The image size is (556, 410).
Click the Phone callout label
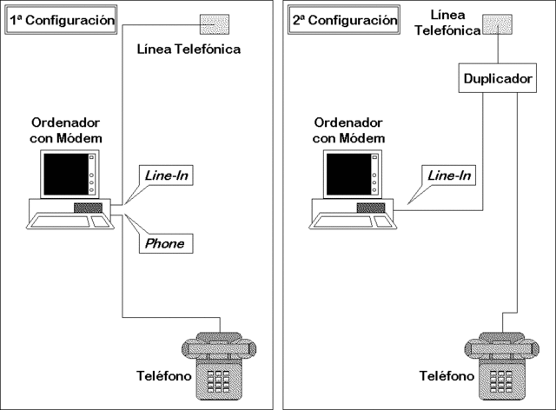click(x=164, y=243)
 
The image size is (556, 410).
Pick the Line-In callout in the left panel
click(x=164, y=177)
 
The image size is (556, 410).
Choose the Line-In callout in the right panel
click(x=448, y=176)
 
